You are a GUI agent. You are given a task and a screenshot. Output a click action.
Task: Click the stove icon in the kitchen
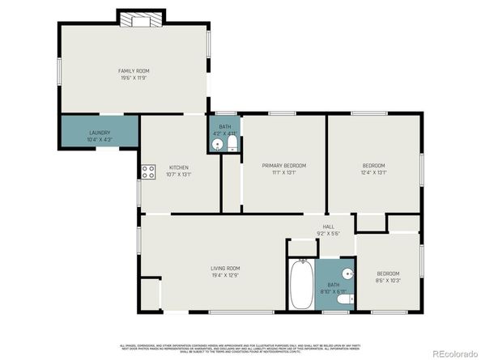point(149,172)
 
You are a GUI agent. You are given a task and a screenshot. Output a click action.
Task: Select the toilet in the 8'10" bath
point(343,299)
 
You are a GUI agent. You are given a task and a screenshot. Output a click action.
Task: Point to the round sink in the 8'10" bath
point(347,273)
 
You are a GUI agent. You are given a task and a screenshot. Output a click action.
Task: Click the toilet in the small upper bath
point(232,144)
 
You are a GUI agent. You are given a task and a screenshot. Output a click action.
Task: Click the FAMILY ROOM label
point(134,71)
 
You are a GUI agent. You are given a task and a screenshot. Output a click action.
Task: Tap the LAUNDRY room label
point(100,133)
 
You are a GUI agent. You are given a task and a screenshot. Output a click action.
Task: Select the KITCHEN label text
point(178,167)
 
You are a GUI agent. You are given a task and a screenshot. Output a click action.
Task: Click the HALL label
point(328,227)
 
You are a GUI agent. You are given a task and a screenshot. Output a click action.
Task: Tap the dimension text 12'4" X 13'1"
point(373,172)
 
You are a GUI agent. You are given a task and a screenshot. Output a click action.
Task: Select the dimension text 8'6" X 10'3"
point(387,280)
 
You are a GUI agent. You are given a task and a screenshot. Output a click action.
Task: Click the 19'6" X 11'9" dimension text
point(134,78)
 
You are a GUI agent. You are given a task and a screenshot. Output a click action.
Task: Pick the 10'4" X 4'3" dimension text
point(100,139)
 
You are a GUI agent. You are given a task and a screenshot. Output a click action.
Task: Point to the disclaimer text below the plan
point(240,348)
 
